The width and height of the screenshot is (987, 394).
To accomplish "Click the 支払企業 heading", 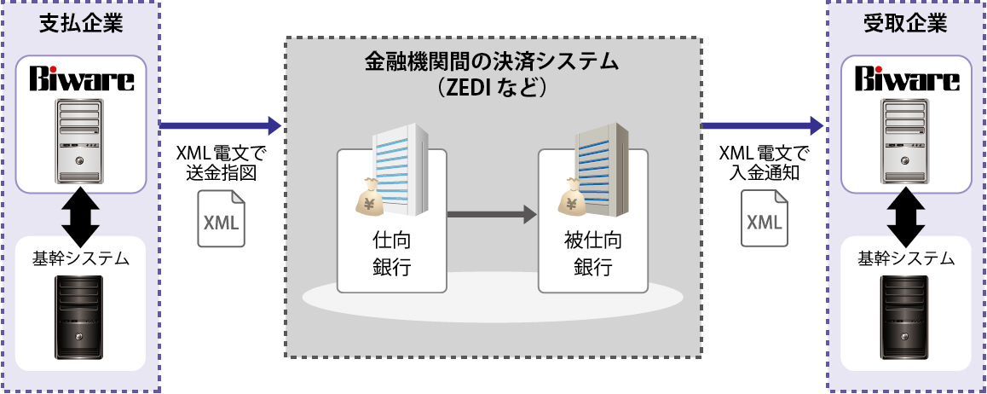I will pos(80,24).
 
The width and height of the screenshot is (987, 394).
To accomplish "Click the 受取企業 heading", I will pos(906,24).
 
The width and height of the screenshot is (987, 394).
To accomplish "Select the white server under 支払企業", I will pos(80,140).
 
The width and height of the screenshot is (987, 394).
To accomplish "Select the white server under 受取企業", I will pos(905,140).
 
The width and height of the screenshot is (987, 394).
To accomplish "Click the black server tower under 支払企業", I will pos(78,320).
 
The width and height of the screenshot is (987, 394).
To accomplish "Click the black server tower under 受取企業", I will pos(904,320).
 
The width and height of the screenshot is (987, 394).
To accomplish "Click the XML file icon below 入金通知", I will pos(763,219).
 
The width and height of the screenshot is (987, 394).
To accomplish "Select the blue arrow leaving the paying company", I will pos(220,125).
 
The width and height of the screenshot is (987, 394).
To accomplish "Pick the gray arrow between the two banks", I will pos(491,214).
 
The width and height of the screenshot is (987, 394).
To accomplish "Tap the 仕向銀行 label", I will pos(392,253).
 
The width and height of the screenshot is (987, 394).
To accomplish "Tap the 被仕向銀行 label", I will pos(592,253).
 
